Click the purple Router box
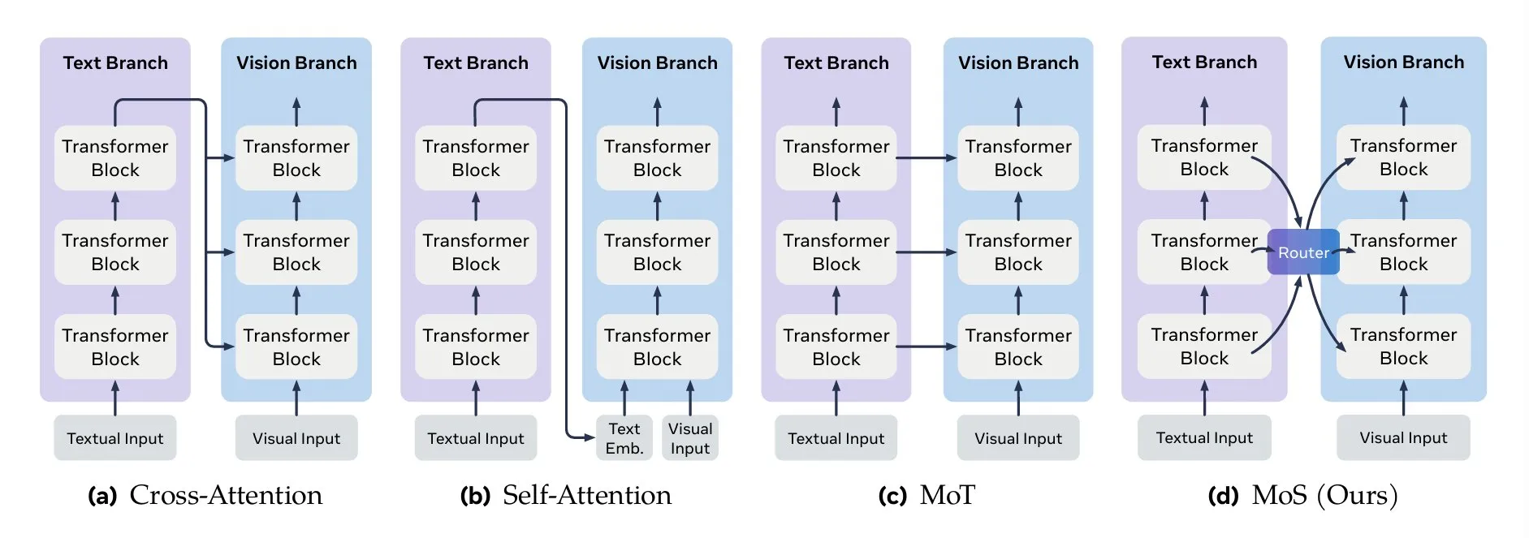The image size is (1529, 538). [1302, 252]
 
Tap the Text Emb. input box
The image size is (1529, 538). [624, 438]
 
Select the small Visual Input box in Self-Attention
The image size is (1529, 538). [690, 438]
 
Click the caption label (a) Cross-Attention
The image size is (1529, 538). [205, 495]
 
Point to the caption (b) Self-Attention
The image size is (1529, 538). [566, 495]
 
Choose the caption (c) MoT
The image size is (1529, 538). [926, 495]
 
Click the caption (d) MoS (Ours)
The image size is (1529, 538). [1302, 495]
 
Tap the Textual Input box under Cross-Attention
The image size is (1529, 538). [115, 438]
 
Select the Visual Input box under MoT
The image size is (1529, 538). [1018, 438]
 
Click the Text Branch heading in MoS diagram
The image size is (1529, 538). [1204, 62]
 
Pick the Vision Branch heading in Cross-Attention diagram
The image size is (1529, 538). [296, 63]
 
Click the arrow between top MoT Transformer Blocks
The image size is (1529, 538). [926, 158]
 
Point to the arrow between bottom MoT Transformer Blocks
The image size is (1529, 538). [926, 346]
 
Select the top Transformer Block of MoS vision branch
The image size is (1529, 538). [1403, 157]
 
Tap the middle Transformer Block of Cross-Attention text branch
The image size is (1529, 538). [115, 252]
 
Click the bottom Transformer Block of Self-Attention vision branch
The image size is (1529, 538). [657, 346]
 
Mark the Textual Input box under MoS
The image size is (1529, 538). [1204, 438]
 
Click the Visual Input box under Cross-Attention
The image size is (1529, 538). [296, 438]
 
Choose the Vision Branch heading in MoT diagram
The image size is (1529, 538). [1018, 63]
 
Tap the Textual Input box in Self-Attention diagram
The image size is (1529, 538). [476, 438]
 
